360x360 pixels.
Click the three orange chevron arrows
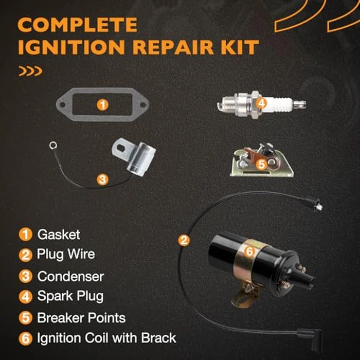[x=30, y=71]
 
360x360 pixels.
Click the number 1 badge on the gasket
[x=103, y=105]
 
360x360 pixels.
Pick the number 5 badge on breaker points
[x=261, y=164]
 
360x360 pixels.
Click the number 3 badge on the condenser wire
[x=103, y=179]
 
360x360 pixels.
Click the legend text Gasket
[x=59, y=235]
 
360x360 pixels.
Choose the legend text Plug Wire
[x=66, y=255]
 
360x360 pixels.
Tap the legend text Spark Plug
[x=70, y=296]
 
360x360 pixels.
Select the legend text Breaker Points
[x=81, y=317]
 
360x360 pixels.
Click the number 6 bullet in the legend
[x=25, y=338]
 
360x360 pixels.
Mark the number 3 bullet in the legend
[x=25, y=276]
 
